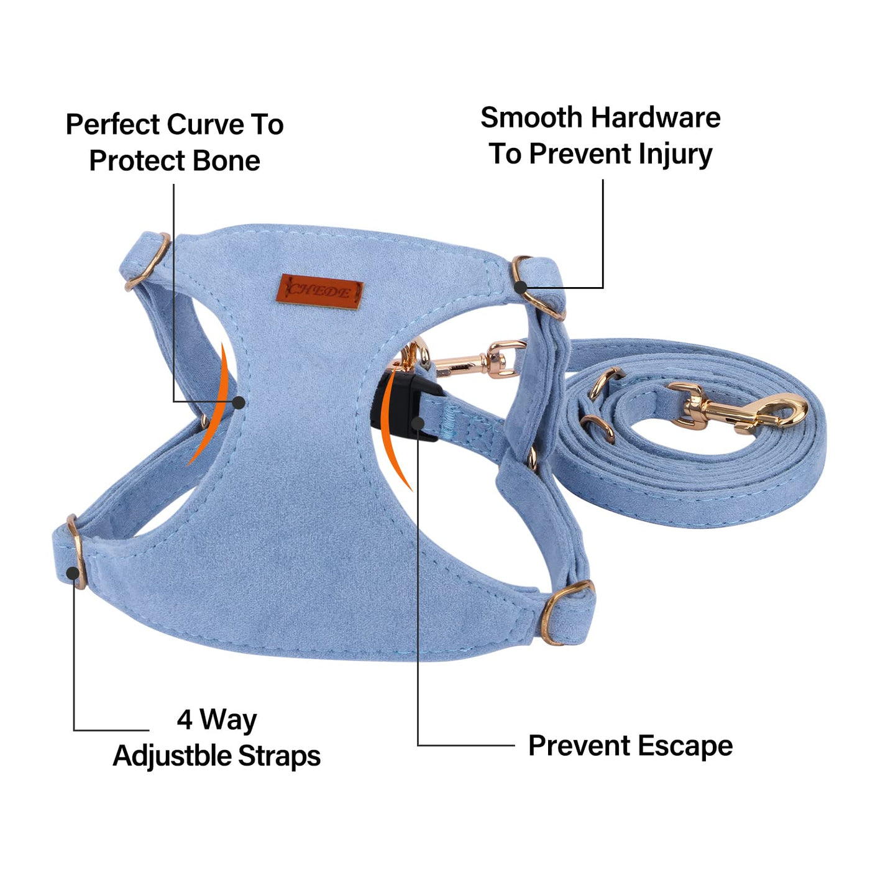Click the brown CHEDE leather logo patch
320,291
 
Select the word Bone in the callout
226,161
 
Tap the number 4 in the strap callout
185,720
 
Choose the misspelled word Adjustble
172,756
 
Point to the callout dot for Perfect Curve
238,402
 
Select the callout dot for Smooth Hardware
521,286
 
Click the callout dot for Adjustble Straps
73,573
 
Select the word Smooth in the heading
532,117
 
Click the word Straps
280,756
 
